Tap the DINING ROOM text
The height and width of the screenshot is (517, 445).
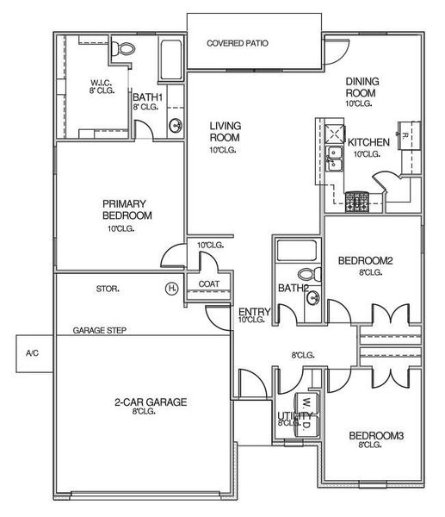coord(362,87)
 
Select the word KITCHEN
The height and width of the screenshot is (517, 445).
coord(370,142)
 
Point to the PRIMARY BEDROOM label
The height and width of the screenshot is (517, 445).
coord(127,209)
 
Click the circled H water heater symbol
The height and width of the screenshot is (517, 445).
coord(172,288)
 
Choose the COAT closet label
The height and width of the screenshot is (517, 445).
coord(209,283)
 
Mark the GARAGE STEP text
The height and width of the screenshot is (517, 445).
coord(101,330)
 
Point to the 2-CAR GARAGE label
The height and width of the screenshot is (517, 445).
coord(150,402)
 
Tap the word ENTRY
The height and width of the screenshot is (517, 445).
coord(255,312)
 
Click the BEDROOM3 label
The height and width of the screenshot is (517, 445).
coord(375,436)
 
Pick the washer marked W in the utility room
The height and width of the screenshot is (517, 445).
coord(304,402)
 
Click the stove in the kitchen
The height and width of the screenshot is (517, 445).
coord(356,202)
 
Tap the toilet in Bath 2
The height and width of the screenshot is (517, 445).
coord(315,275)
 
